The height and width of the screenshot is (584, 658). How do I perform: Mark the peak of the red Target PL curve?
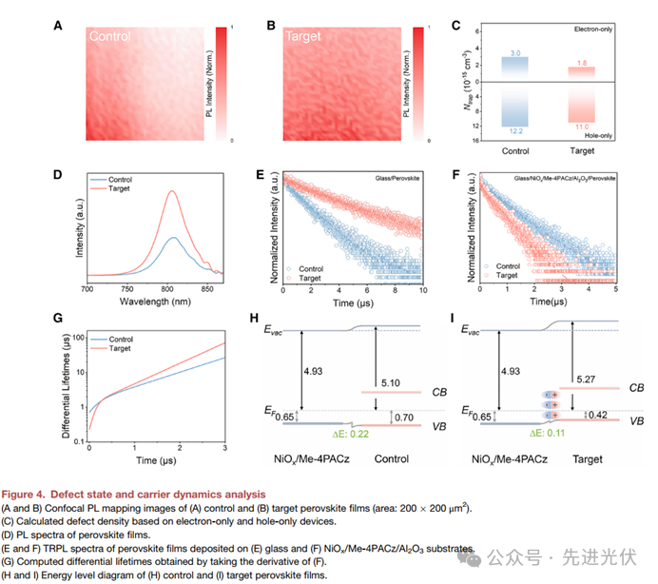point(171,191)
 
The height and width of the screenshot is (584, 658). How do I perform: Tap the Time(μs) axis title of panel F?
point(552,301)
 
